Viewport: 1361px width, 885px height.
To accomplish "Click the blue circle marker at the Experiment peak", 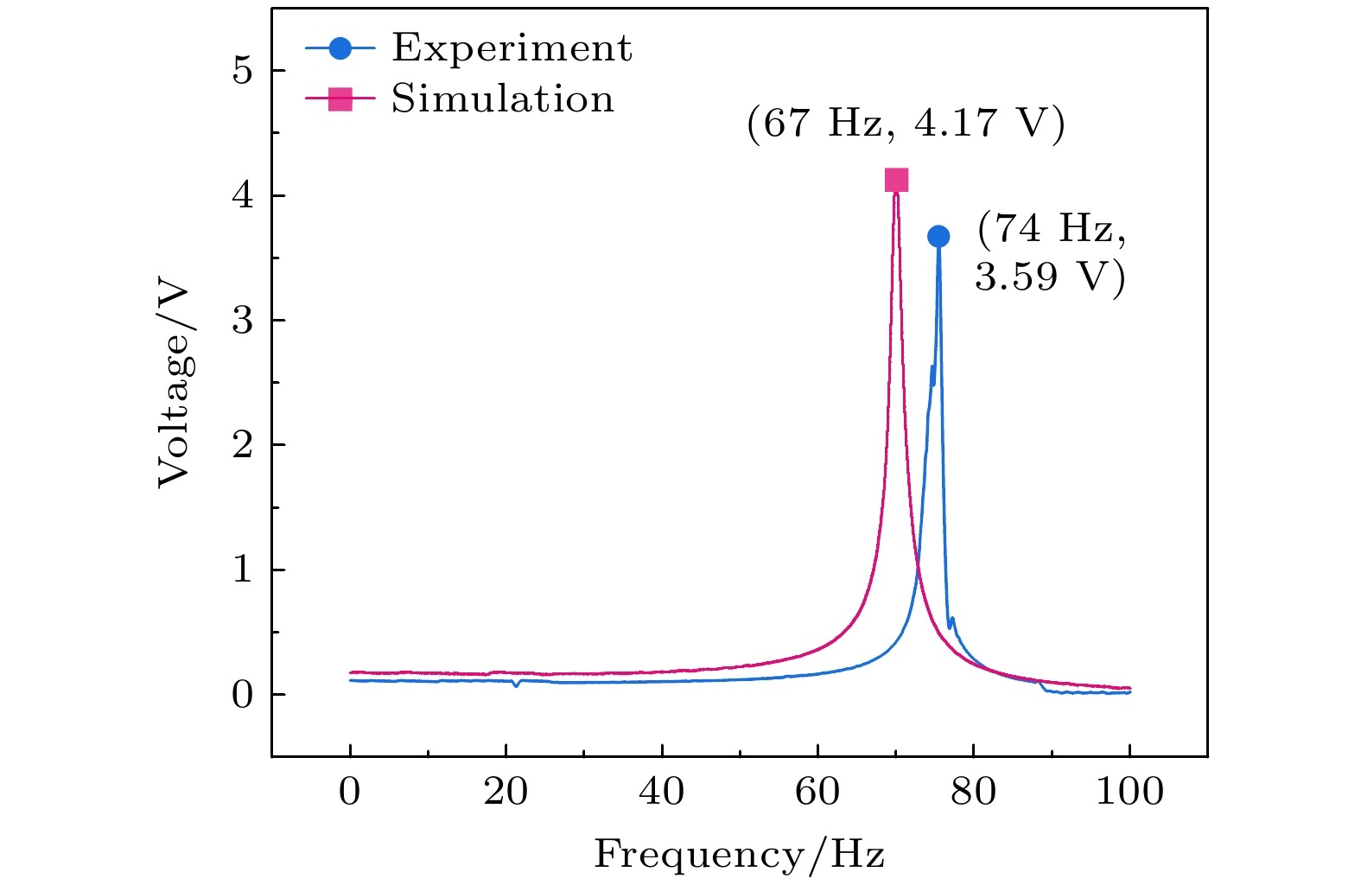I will coord(938,236).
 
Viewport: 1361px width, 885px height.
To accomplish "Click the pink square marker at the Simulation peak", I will coord(897,180).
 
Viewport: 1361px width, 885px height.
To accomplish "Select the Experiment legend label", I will coord(512,48).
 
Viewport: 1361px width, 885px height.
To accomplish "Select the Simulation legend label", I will coord(502,99).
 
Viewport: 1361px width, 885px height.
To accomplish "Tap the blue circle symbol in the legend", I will coord(340,48).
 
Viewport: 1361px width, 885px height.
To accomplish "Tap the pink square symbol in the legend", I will coord(340,99).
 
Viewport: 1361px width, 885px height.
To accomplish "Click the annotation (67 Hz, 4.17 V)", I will coord(906,124).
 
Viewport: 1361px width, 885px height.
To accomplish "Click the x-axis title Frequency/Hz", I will coord(739,855).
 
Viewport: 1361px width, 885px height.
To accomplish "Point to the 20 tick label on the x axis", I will coord(506,791).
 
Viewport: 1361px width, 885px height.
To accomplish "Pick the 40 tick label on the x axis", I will coord(662,791).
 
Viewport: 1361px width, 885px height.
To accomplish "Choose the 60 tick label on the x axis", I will coord(817,791).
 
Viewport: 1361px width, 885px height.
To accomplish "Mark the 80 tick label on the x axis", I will coord(974,791).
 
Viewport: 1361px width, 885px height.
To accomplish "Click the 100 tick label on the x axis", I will coord(1129,791).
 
